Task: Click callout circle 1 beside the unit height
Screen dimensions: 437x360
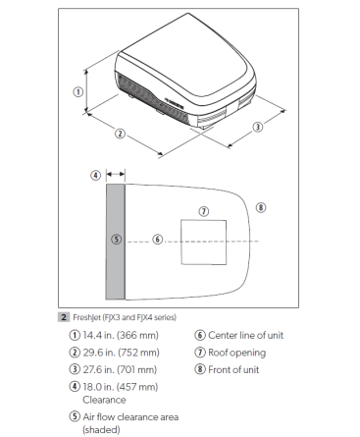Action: point(77,91)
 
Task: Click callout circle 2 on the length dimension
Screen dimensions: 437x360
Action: point(120,133)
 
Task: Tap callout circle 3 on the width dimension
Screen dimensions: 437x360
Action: point(257,127)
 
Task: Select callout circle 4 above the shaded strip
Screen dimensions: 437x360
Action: point(95,175)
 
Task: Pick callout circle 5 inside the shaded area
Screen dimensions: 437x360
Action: point(116,239)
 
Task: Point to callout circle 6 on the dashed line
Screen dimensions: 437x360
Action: point(157,239)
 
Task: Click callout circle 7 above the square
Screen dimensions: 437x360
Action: point(203,210)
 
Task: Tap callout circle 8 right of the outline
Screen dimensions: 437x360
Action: point(260,206)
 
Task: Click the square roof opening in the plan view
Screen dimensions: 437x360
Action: point(204,241)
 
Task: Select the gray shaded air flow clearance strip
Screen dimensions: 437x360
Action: point(116,265)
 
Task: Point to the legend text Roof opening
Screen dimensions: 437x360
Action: point(233,352)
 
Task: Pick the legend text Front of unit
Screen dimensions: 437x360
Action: point(232,368)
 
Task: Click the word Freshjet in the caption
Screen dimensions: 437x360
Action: point(86,316)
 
